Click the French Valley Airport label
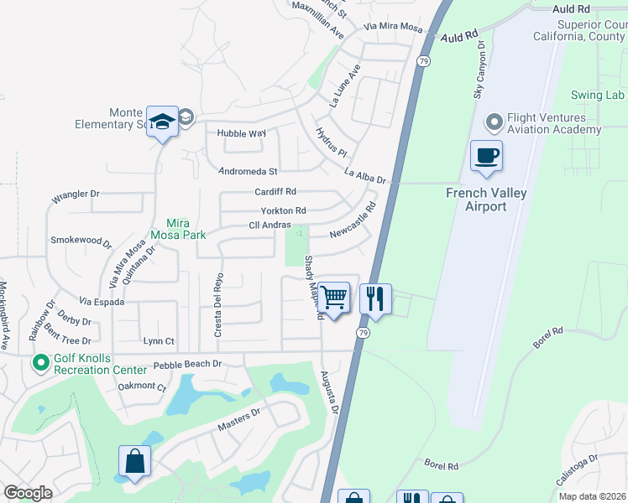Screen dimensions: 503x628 click(x=486, y=200)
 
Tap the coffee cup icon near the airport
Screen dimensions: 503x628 click(x=486, y=155)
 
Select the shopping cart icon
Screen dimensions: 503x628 click(x=334, y=297)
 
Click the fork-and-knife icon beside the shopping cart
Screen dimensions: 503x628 click(x=375, y=298)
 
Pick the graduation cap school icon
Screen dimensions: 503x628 click(x=162, y=122)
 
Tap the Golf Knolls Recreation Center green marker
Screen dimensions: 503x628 click(x=39, y=363)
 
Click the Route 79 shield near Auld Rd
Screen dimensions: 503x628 click(x=425, y=61)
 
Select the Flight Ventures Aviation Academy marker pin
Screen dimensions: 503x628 click(x=493, y=123)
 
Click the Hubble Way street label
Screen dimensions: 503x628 click(x=241, y=133)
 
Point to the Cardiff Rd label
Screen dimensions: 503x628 click(x=276, y=192)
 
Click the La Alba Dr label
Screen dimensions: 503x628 click(x=364, y=177)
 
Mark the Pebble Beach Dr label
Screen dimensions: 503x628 click(x=186, y=365)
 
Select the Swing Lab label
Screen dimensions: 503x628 click(x=598, y=95)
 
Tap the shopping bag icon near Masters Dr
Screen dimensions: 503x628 click(x=134, y=462)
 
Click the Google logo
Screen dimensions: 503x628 click(x=28, y=493)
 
